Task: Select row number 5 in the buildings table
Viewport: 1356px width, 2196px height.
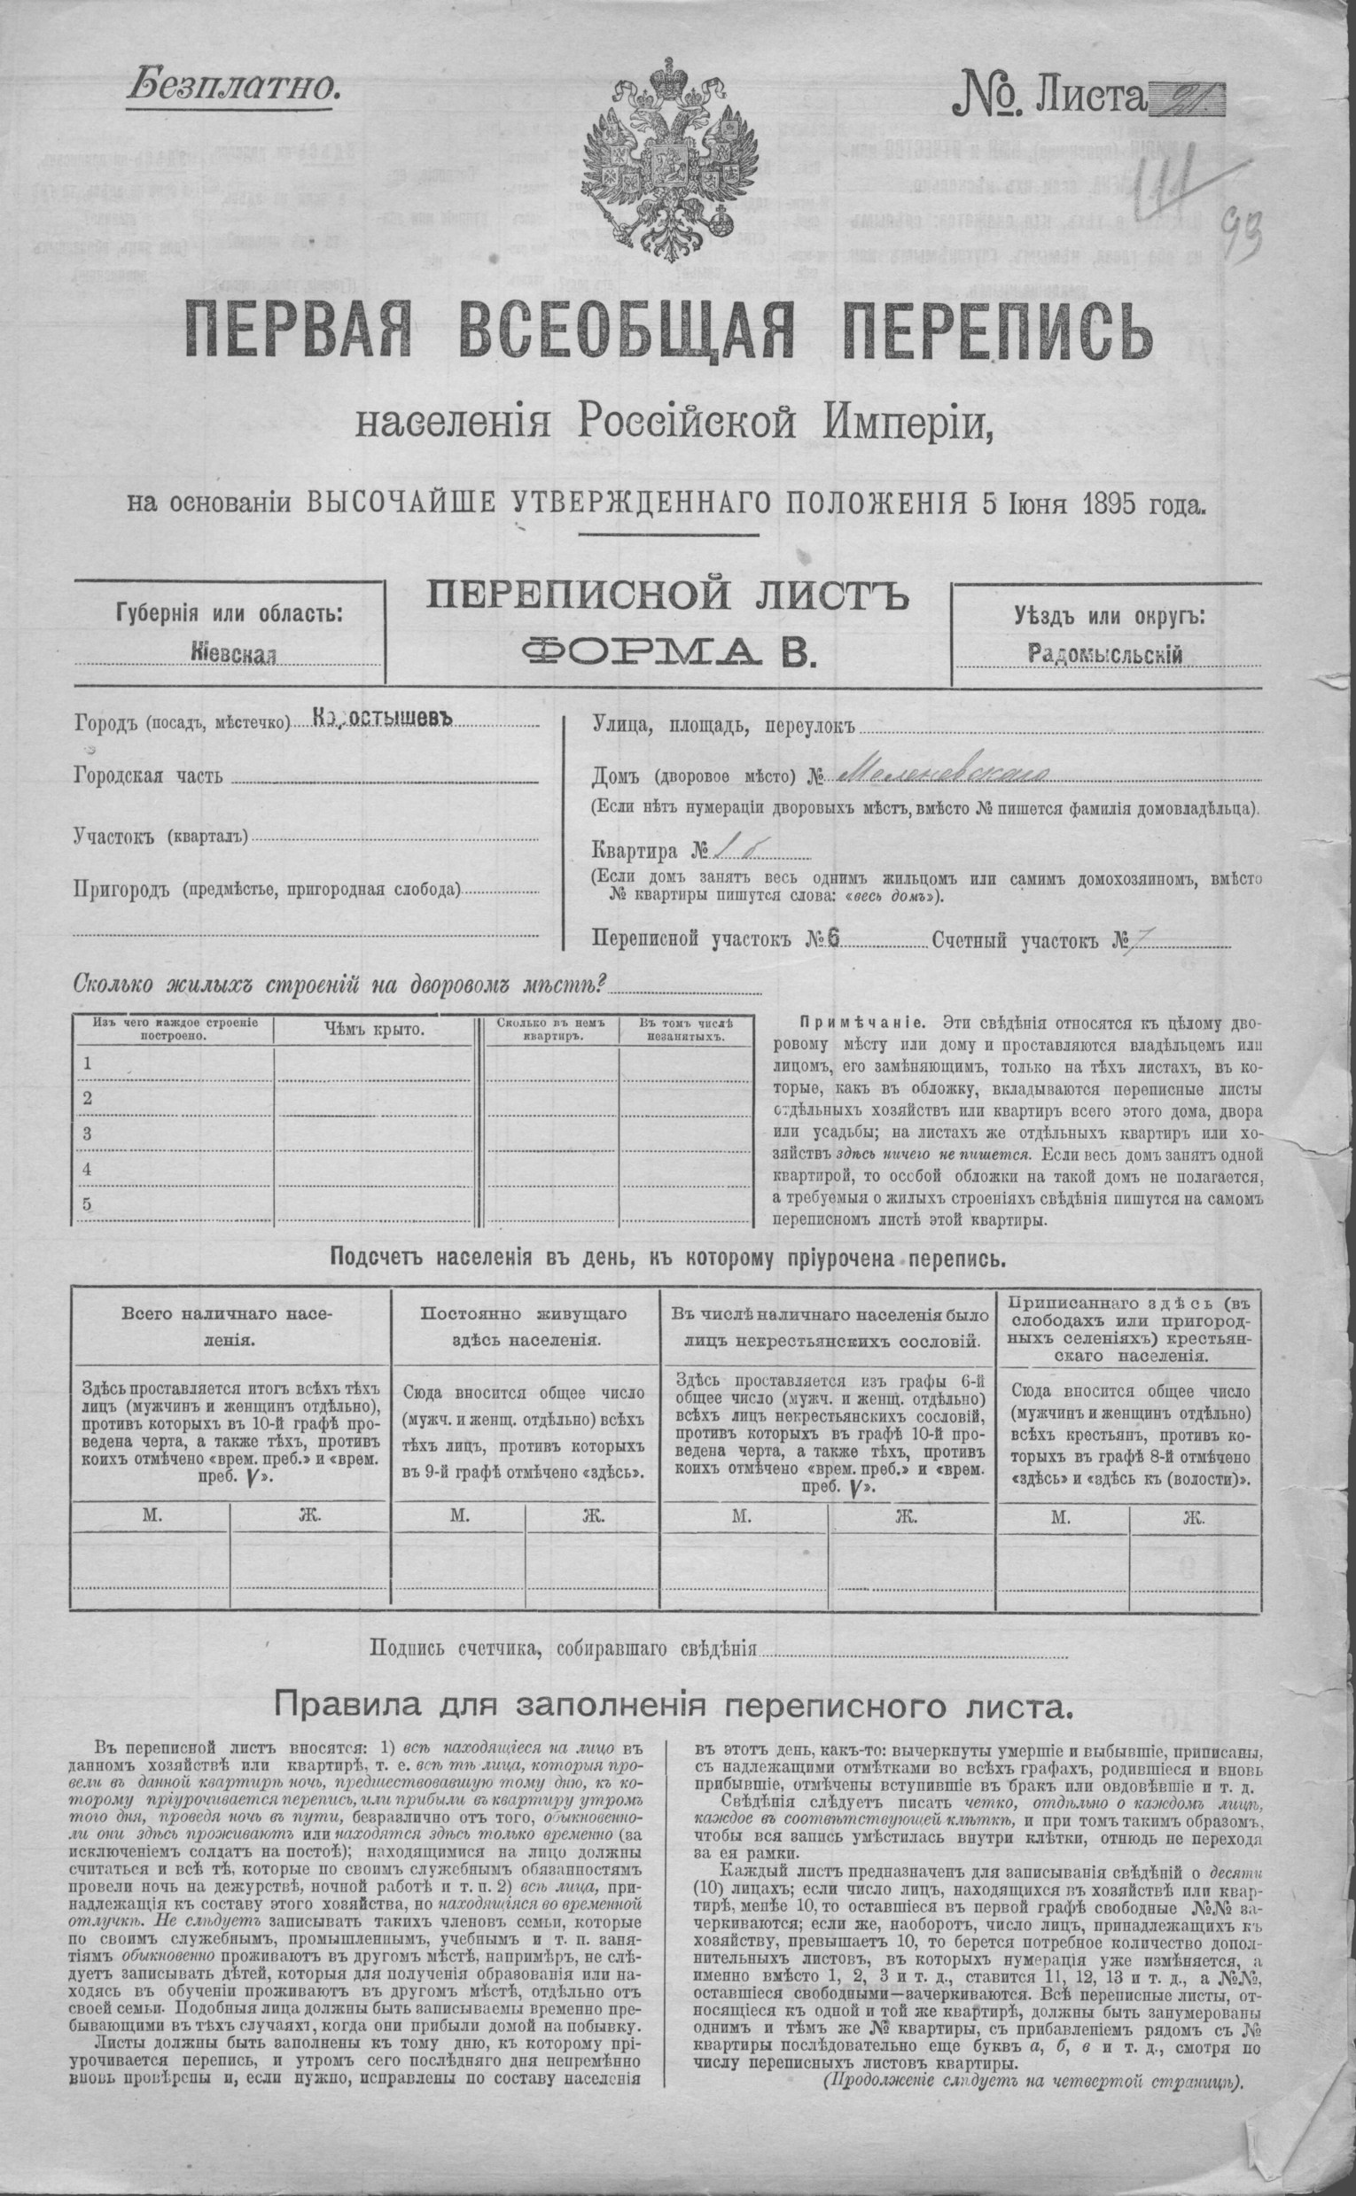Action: point(88,1204)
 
